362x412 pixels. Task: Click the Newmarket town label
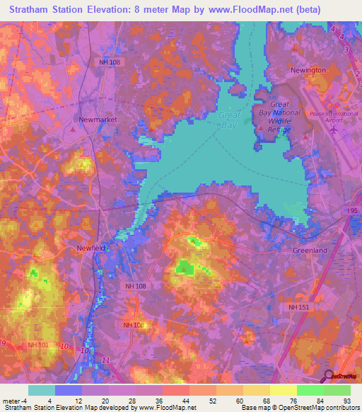pyautogui.click(x=98, y=120)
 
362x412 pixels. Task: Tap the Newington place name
pyautogui.click(x=308, y=70)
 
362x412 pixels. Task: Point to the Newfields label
pyautogui.click(x=90, y=248)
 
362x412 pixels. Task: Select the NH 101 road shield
pyautogui.click(x=37, y=345)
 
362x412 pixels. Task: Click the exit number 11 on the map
pyautogui.click(x=107, y=361)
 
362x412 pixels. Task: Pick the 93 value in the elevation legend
pyautogui.click(x=346, y=401)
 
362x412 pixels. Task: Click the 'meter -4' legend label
pyautogui.click(x=13, y=401)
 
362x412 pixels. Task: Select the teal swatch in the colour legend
pyautogui.click(x=42, y=390)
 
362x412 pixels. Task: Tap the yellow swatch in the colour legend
pyautogui.click(x=284, y=390)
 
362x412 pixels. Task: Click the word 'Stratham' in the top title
pyautogui.click(x=28, y=10)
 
